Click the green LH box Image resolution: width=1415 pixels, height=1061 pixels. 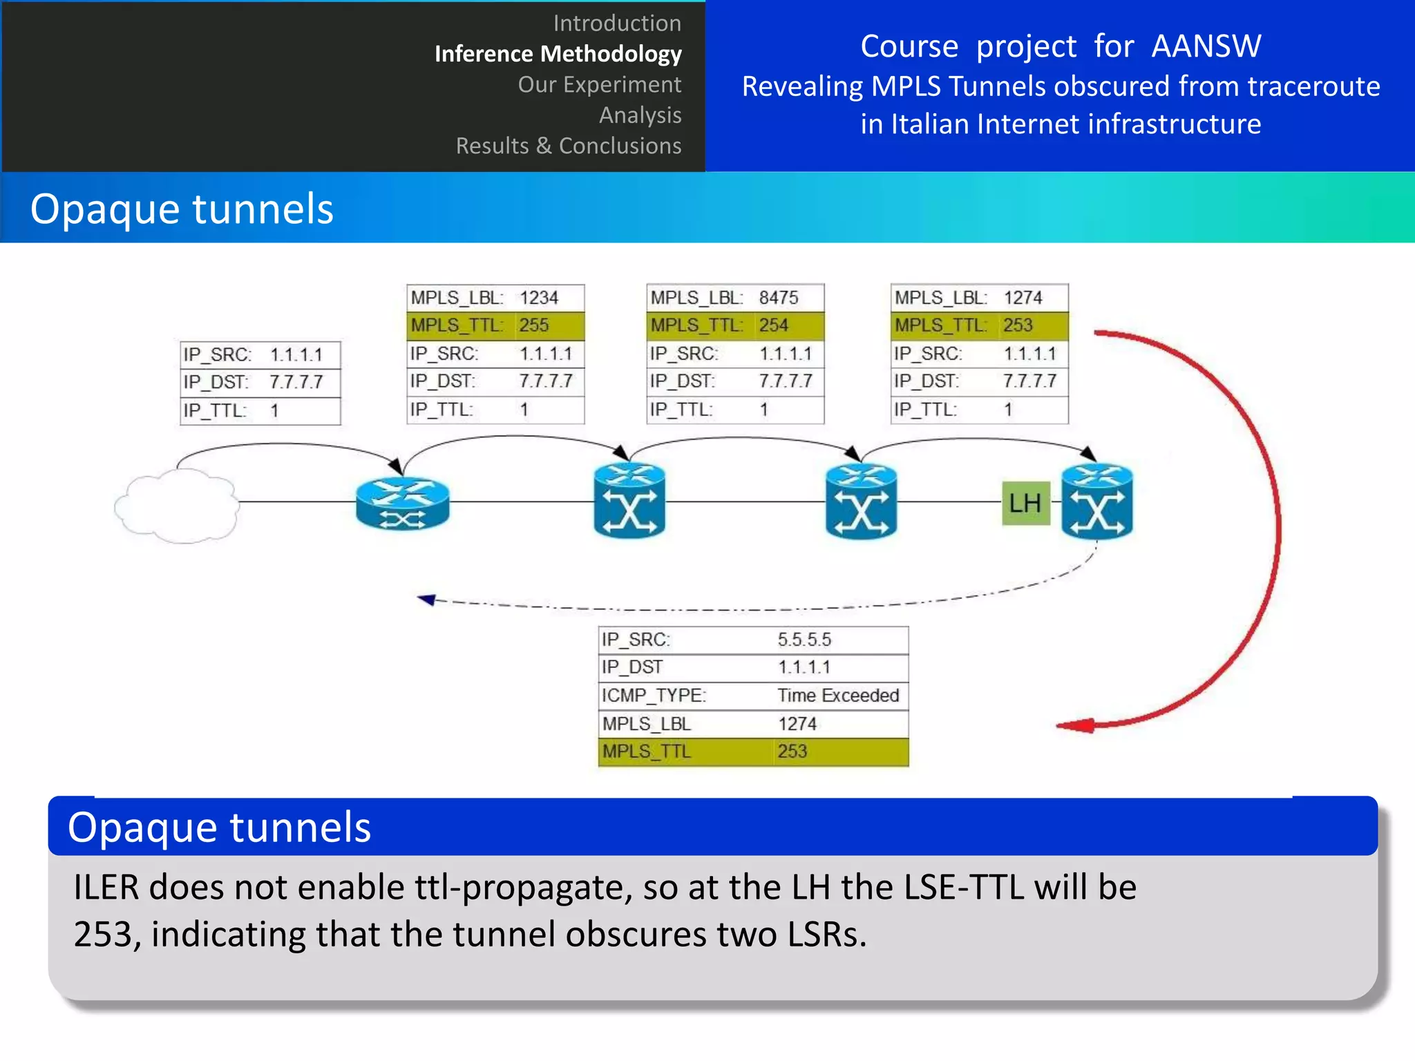pos(1025,503)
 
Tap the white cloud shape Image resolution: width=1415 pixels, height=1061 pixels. pos(177,506)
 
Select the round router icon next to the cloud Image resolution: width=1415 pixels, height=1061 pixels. pos(402,504)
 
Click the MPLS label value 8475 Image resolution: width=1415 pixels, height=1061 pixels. pos(778,298)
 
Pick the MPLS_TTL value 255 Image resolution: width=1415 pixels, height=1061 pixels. pos(534,325)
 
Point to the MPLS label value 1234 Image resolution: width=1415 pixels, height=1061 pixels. pos(538,298)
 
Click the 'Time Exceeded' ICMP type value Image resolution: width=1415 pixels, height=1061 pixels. pos(838,695)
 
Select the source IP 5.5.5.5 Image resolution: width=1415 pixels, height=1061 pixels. pos(804,640)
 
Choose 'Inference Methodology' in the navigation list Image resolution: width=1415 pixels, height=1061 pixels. pos(558,54)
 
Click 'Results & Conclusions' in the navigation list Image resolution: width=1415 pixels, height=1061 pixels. pos(568,146)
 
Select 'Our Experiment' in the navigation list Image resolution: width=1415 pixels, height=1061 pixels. pos(599,84)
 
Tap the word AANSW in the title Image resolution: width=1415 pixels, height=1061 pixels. pos(1206,46)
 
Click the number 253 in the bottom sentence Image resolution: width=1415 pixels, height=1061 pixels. pos(102,935)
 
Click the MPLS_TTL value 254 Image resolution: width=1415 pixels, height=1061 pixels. pos(773,325)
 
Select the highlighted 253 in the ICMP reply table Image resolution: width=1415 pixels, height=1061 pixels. pos(792,752)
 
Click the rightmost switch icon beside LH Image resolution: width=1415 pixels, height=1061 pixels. pos(1097,502)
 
